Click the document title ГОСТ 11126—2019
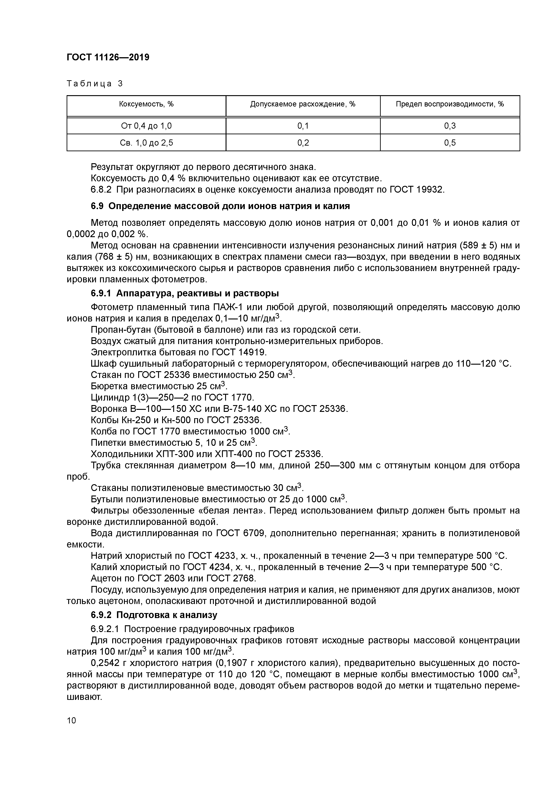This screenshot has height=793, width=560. tap(108, 57)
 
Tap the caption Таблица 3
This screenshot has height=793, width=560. tap(95, 84)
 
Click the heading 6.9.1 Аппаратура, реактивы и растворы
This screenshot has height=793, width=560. tap(184, 293)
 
